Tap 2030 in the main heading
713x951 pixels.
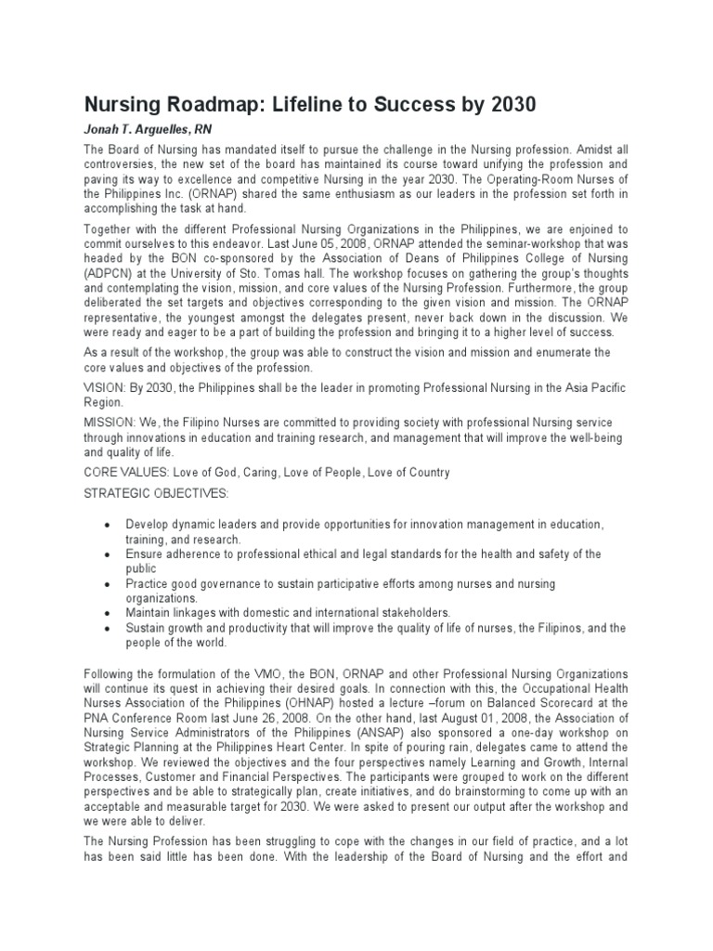coord(506,104)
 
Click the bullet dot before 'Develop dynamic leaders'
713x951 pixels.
coord(110,525)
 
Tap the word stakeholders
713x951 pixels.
coord(411,613)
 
